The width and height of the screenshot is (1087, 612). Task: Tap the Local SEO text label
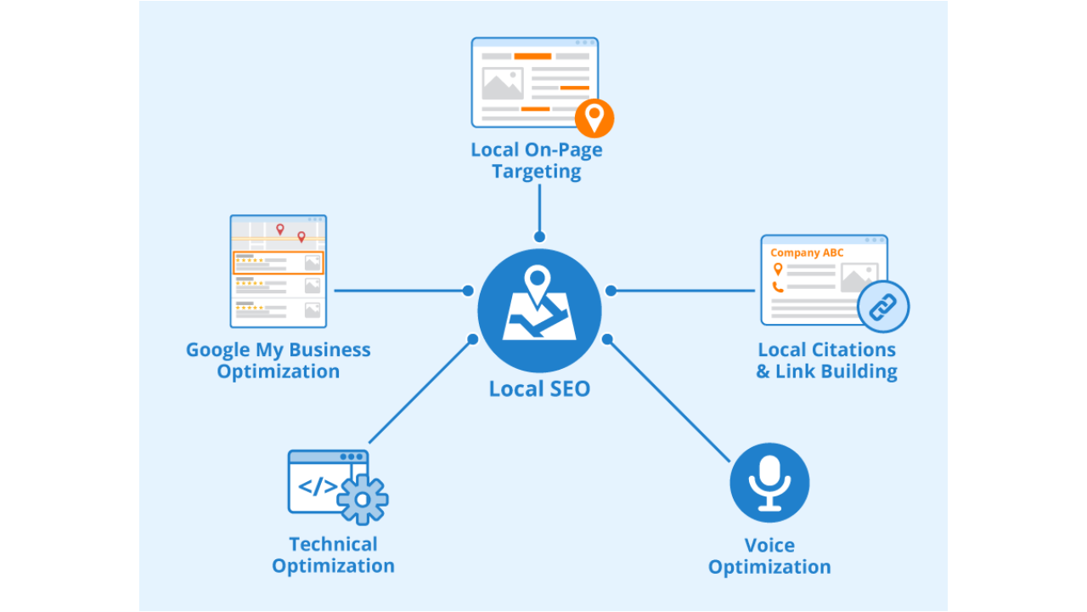[539, 389]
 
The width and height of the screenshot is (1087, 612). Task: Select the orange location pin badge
[594, 117]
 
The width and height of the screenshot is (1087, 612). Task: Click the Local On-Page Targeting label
[537, 161]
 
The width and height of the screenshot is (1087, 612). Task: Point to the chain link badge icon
[883, 306]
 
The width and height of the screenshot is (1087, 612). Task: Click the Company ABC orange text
[807, 252]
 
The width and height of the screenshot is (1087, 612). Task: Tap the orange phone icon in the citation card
[777, 286]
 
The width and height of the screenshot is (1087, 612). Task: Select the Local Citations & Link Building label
[827, 360]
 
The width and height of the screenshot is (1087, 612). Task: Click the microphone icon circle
[769, 483]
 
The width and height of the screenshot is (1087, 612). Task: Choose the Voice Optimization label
[769, 556]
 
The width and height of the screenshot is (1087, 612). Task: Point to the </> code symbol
[318, 487]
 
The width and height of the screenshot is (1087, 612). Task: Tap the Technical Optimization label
[333, 555]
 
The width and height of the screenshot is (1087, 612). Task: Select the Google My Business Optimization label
[279, 360]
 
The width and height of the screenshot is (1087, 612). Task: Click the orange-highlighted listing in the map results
[278, 263]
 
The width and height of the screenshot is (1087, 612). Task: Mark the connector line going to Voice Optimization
[669, 400]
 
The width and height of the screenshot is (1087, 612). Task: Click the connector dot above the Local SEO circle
[539, 237]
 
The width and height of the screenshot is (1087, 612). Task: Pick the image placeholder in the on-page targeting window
[503, 83]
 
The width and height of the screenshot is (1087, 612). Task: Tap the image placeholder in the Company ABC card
[858, 278]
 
